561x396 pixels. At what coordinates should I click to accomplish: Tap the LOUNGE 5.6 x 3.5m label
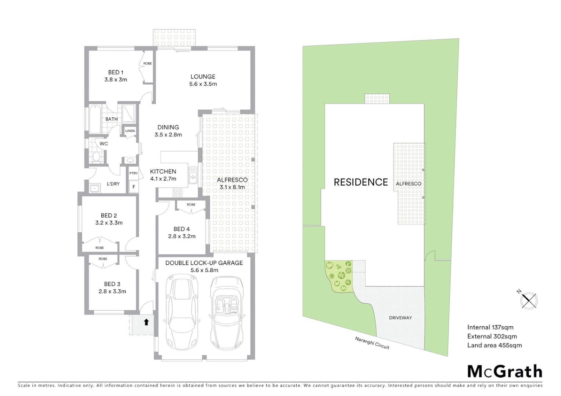click(x=203, y=80)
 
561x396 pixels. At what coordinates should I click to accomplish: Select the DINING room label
click(x=168, y=127)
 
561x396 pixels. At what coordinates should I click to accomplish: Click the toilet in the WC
click(x=96, y=157)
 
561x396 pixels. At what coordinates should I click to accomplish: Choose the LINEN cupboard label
click(x=130, y=131)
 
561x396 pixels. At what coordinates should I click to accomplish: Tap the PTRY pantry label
click(x=133, y=173)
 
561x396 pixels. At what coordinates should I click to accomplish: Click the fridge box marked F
click(x=134, y=187)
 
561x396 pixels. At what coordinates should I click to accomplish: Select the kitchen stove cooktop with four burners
click(x=178, y=192)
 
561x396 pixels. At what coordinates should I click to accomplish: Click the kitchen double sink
click(x=192, y=175)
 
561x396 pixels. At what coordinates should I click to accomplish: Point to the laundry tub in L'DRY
click(x=95, y=188)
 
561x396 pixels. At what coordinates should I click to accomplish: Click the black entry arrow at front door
click(x=146, y=322)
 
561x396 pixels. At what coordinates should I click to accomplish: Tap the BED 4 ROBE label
click(x=191, y=205)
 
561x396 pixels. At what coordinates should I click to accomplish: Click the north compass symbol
click(x=529, y=300)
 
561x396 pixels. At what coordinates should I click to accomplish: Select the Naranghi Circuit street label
click(x=372, y=343)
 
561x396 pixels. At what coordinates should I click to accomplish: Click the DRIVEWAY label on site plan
click(x=400, y=318)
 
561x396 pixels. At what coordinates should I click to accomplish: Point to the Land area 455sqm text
click(x=494, y=345)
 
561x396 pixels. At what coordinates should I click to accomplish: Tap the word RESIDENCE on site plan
click(x=361, y=182)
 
